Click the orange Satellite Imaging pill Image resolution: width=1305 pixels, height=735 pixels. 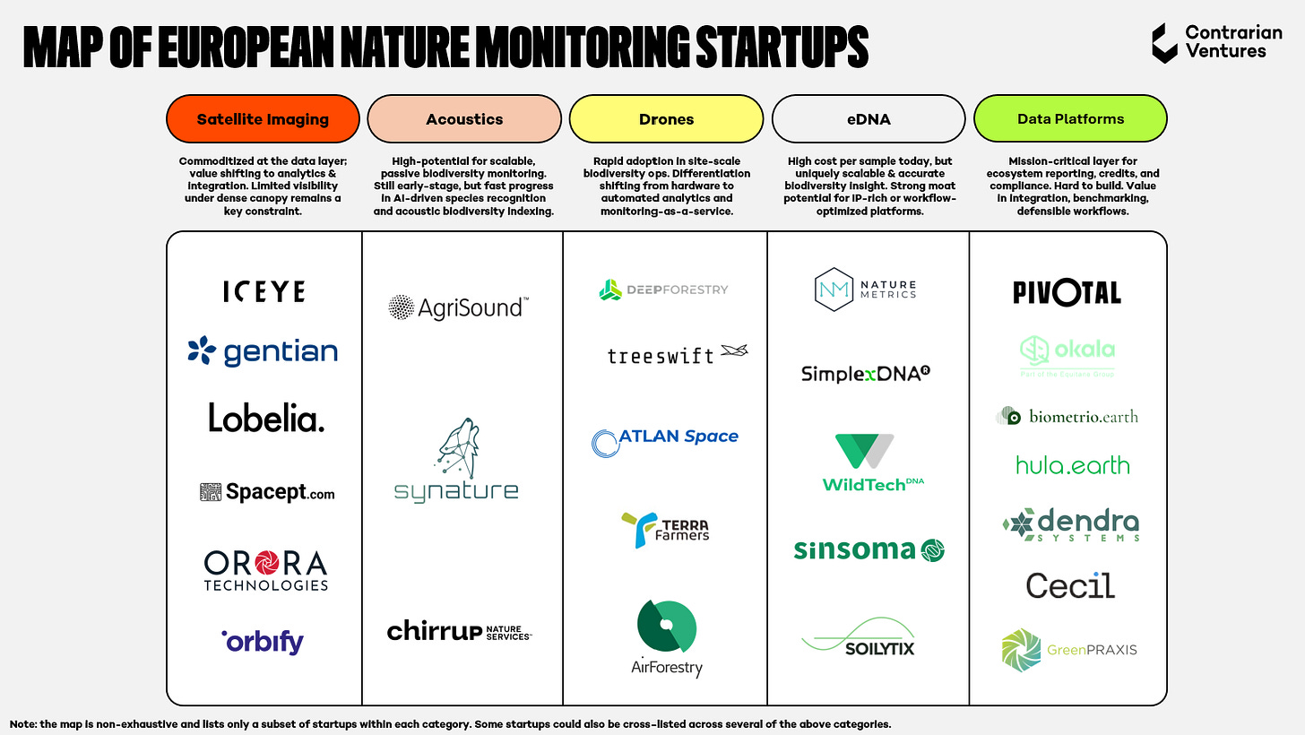[x=263, y=119]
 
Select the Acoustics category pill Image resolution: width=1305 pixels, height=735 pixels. [x=464, y=119]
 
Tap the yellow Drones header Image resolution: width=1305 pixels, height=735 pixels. [x=666, y=119]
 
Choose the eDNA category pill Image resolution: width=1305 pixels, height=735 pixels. [x=869, y=119]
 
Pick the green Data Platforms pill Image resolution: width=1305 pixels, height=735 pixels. [x=1070, y=119]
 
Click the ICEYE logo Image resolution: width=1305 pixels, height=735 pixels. [x=264, y=292]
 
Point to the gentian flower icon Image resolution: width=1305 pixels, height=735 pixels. [x=202, y=350]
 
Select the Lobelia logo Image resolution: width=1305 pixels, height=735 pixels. [x=266, y=418]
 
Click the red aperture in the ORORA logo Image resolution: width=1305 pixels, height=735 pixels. [x=266, y=563]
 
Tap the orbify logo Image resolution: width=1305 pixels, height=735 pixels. [x=263, y=642]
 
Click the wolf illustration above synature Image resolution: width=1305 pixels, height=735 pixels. [x=457, y=448]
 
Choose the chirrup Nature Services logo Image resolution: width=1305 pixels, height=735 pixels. [x=460, y=631]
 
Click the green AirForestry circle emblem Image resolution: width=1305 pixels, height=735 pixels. [x=667, y=626]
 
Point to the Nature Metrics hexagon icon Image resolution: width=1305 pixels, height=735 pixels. [x=834, y=290]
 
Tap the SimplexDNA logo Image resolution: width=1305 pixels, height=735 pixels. [x=866, y=373]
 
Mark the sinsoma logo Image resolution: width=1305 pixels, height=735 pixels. [x=869, y=549]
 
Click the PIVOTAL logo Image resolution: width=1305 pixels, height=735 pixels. [x=1067, y=292]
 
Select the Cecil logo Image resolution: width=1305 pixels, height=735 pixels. [x=1070, y=585]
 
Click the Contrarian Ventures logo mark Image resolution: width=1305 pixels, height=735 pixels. [x=1164, y=43]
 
